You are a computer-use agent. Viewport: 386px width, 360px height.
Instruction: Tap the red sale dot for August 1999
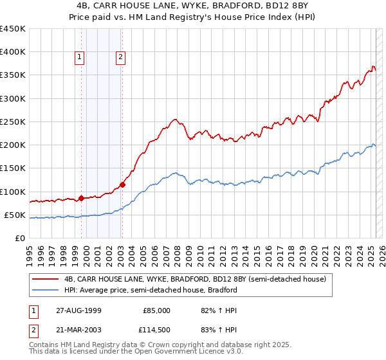pos(82,198)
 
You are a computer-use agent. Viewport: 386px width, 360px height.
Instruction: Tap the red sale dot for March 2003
pos(122,184)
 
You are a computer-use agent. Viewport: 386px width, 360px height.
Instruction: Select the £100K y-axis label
pos(13,192)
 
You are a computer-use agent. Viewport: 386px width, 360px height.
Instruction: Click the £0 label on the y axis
pos(20,238)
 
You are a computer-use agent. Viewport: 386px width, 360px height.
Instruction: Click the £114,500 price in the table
pos(156,330)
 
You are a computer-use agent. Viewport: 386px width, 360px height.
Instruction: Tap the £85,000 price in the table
pos(156,310)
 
